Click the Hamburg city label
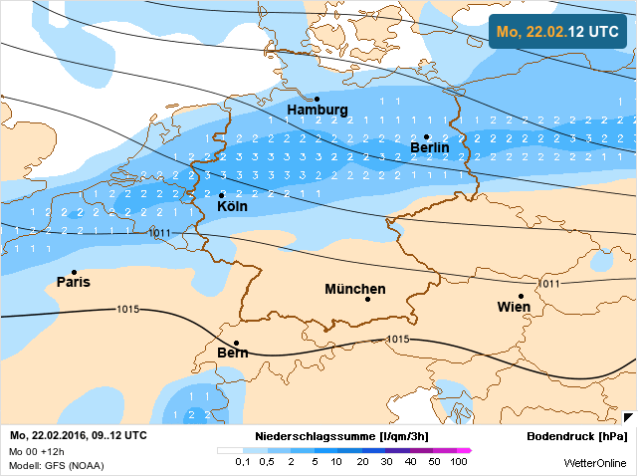pyautogui.click(x=318, y=110)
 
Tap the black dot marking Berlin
pyautogui.click(x=426, y=136)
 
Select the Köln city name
pyautogui.click(x=232, y=207)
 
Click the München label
pyautogui.click(x=354, y=289)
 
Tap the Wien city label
pyautogui.click(x=514, y=307)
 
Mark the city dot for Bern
pyautogui.click(x=236, y=343)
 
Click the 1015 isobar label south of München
pyautogui.click(x=397, y=340)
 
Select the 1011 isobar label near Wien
pyautogui.click(x=550, y=284)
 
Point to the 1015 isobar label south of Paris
pyautogui.click(x=127, y=309)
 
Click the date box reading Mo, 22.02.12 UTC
pyautogui.click(x=557, y=32)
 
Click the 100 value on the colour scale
pyautogui.click(x=459, y=462)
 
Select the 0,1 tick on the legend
pyautogui.click(x=242, y=462)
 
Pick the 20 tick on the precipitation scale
pyautogui.click(x=361, y=462)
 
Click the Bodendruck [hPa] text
pyautogui.click(x=577, y=436)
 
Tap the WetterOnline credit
pyautogui.click(x=595, y=463)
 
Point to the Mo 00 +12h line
pyautogui.click(x=36, y=451)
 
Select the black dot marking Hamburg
pyautogui.click(x=317, y=99)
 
